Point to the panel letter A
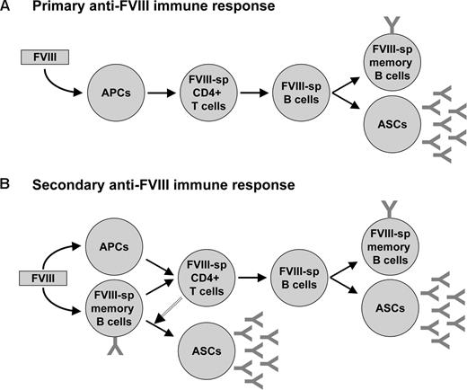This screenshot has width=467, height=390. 6,7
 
